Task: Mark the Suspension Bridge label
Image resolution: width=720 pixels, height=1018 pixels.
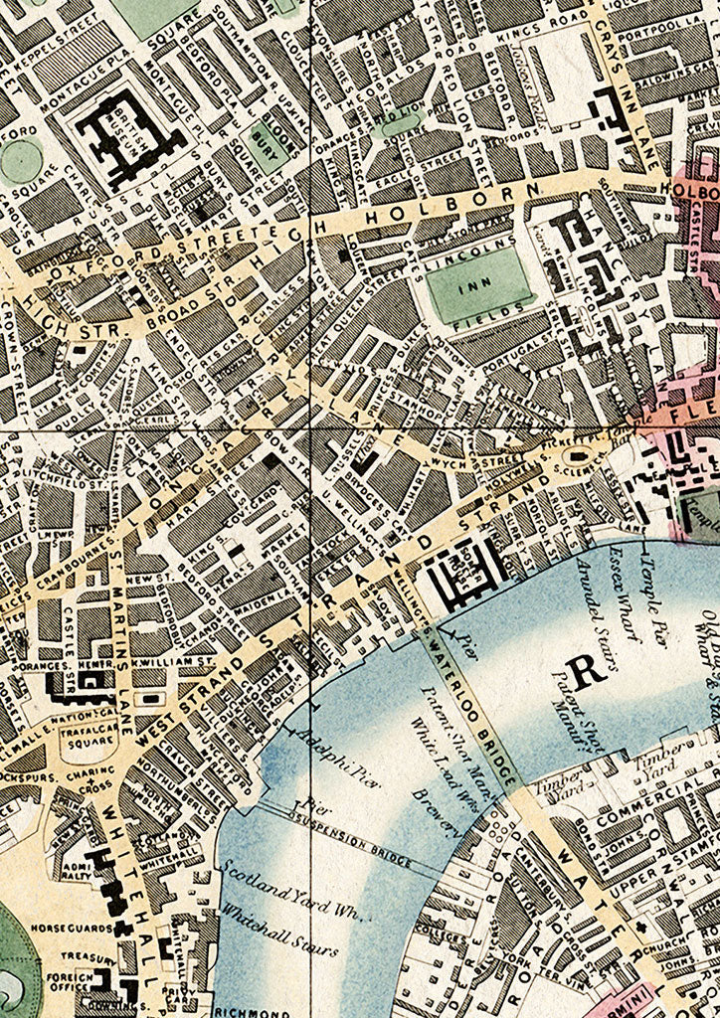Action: coord(358,846)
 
